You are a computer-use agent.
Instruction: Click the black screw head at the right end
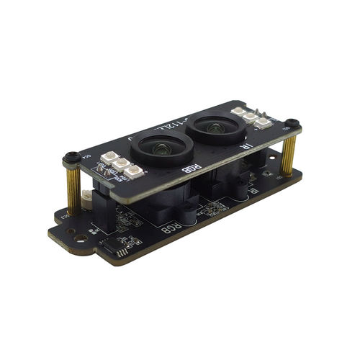(292, 123)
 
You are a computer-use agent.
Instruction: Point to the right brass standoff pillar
(289, 156)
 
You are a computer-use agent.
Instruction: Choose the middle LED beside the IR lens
(251, 117)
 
